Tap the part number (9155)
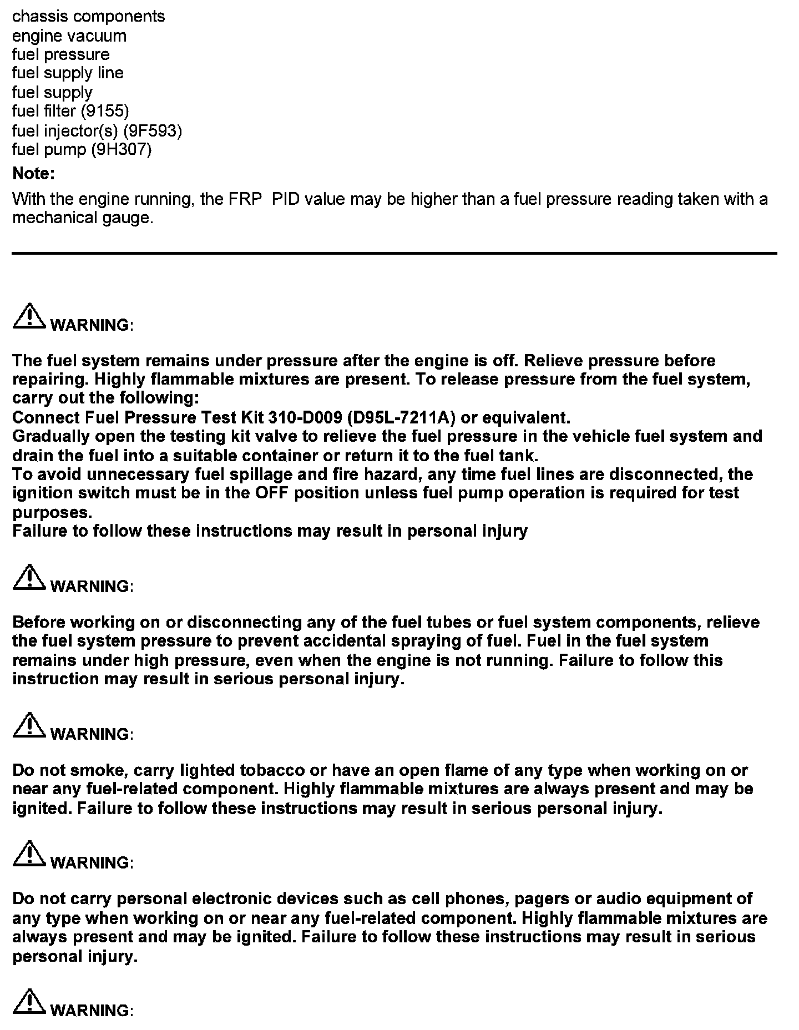(105, 111)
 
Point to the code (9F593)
(153, 131)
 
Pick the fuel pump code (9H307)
(121, 150)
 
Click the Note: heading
(33, 174)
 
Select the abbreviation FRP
(245, 199)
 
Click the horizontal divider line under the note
(394, 254)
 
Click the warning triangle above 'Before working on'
(29, 578)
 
